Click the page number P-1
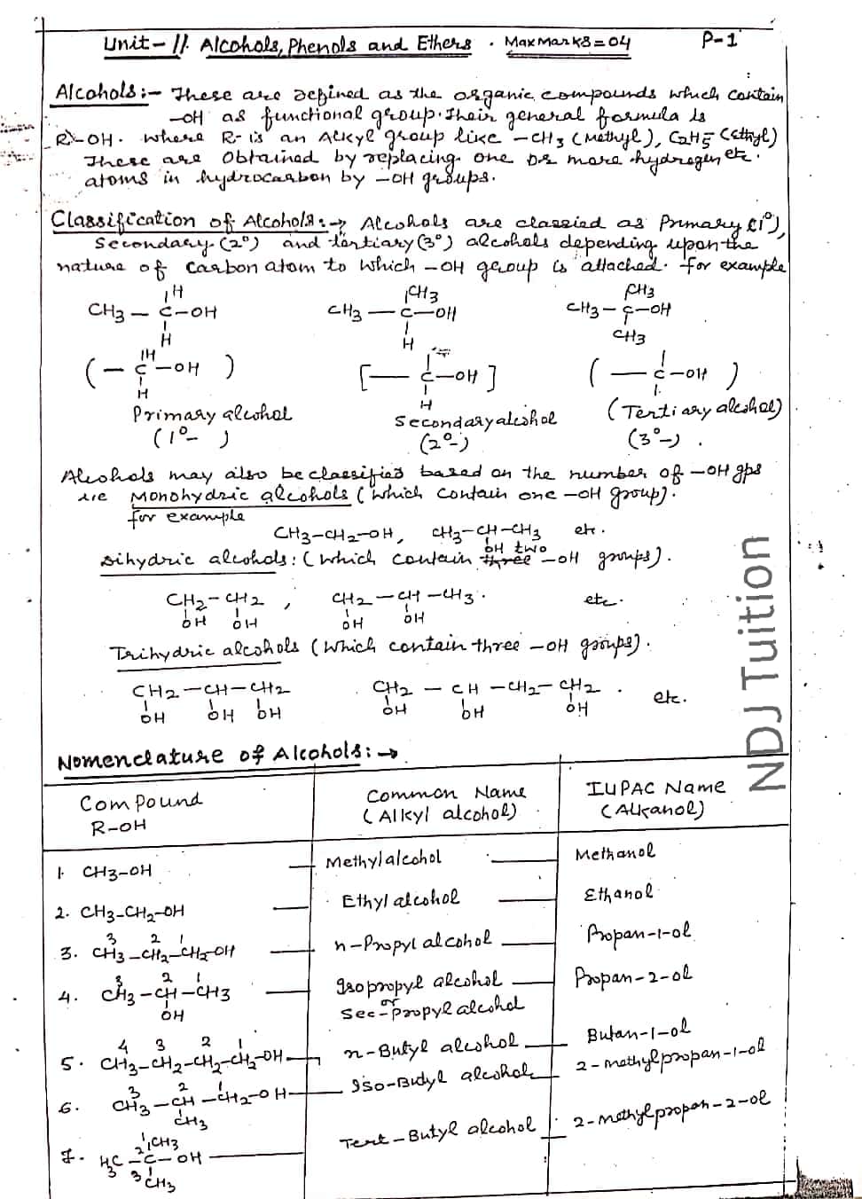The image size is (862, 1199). (x=719, y=39)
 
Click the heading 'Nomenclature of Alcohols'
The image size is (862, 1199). (x=222, y=758)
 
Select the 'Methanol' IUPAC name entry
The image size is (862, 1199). (x=615, y=853)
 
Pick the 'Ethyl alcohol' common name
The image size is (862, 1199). (x=401, y=898)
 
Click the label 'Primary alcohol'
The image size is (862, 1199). (x=212, y=414)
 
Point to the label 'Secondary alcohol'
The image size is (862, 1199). (x=476, y=420)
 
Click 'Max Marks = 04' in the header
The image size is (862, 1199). (x=568, y=42)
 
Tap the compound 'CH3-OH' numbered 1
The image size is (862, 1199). (x=116, y=871)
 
